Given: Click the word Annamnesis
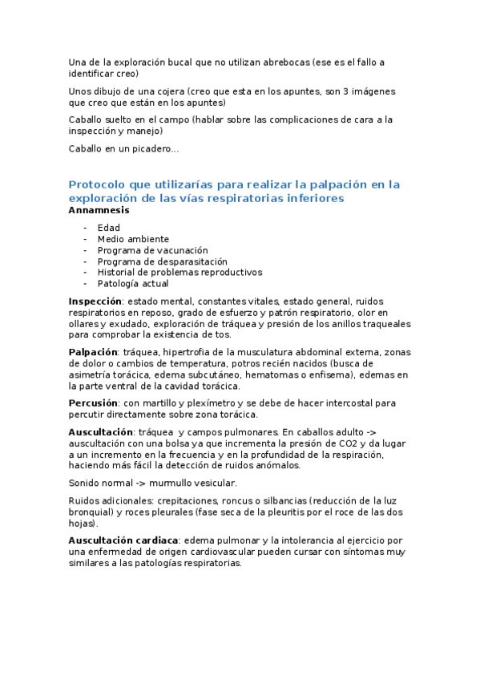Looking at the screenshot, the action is pos(99,210).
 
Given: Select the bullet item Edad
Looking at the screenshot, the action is pos(109,228).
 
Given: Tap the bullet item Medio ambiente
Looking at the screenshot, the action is pos(133,239).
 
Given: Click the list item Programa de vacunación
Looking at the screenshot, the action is pos(151,250).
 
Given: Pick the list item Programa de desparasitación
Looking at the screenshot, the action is pos(163,261).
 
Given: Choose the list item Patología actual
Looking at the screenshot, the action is pos(133,283).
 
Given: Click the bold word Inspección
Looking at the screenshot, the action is pos(95,302).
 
